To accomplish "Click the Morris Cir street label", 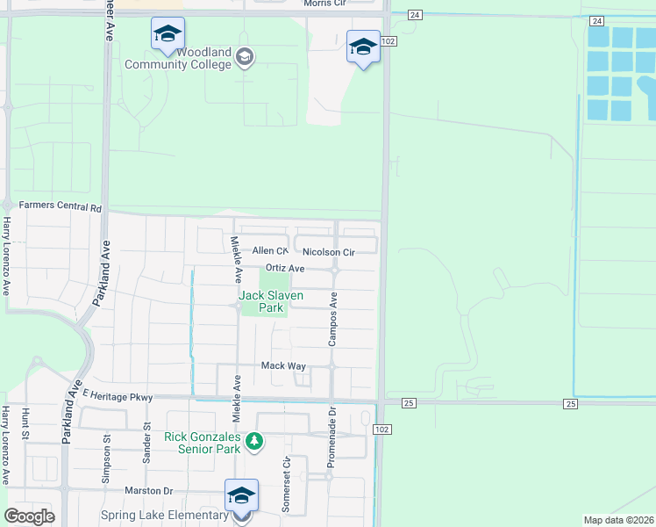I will (x=325, y=4).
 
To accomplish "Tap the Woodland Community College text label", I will (x=178, y=59).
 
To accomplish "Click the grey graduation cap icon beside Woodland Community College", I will (x=245, y=58).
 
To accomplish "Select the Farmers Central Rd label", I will (x=60, y=208).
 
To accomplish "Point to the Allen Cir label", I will (x=270, y=251).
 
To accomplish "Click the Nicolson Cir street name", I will (x=328, y=252).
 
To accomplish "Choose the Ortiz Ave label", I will (x=284, y=268).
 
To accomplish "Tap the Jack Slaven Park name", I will (x=272, y=302).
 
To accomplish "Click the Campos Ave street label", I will (x=333, y=319).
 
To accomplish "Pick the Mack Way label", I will (x=282, y=365).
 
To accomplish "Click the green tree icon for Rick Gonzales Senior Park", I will (x=254, y=440).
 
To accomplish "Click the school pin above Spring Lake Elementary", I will (x=241, y=496).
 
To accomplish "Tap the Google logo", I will (x=29, y=516).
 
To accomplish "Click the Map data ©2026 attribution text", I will (x=618, y=520).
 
